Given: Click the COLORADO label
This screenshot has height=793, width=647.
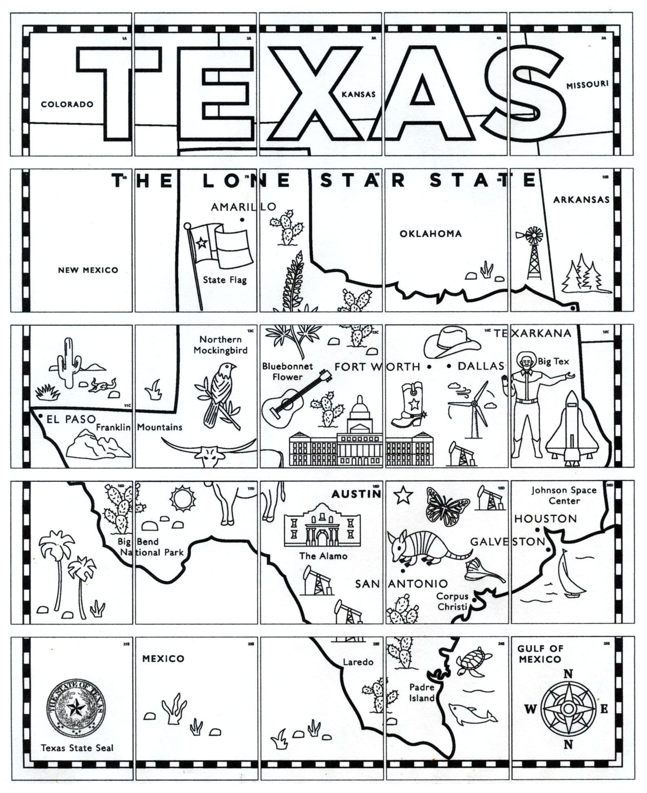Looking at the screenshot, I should point(67,104).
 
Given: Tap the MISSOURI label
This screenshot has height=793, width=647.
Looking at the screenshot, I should point(587,85).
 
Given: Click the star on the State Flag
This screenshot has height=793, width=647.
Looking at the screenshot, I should point(201,243).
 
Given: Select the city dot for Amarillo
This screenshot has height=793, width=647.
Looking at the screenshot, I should point(242,220).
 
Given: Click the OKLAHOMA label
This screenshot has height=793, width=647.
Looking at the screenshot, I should point(431,234).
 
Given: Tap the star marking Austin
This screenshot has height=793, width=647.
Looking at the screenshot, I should point(403,495).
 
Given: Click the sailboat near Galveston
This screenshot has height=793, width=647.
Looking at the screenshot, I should point(570,575).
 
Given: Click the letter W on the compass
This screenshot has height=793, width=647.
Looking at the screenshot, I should point(530,709).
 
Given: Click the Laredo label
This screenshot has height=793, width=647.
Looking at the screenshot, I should point(358,662).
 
